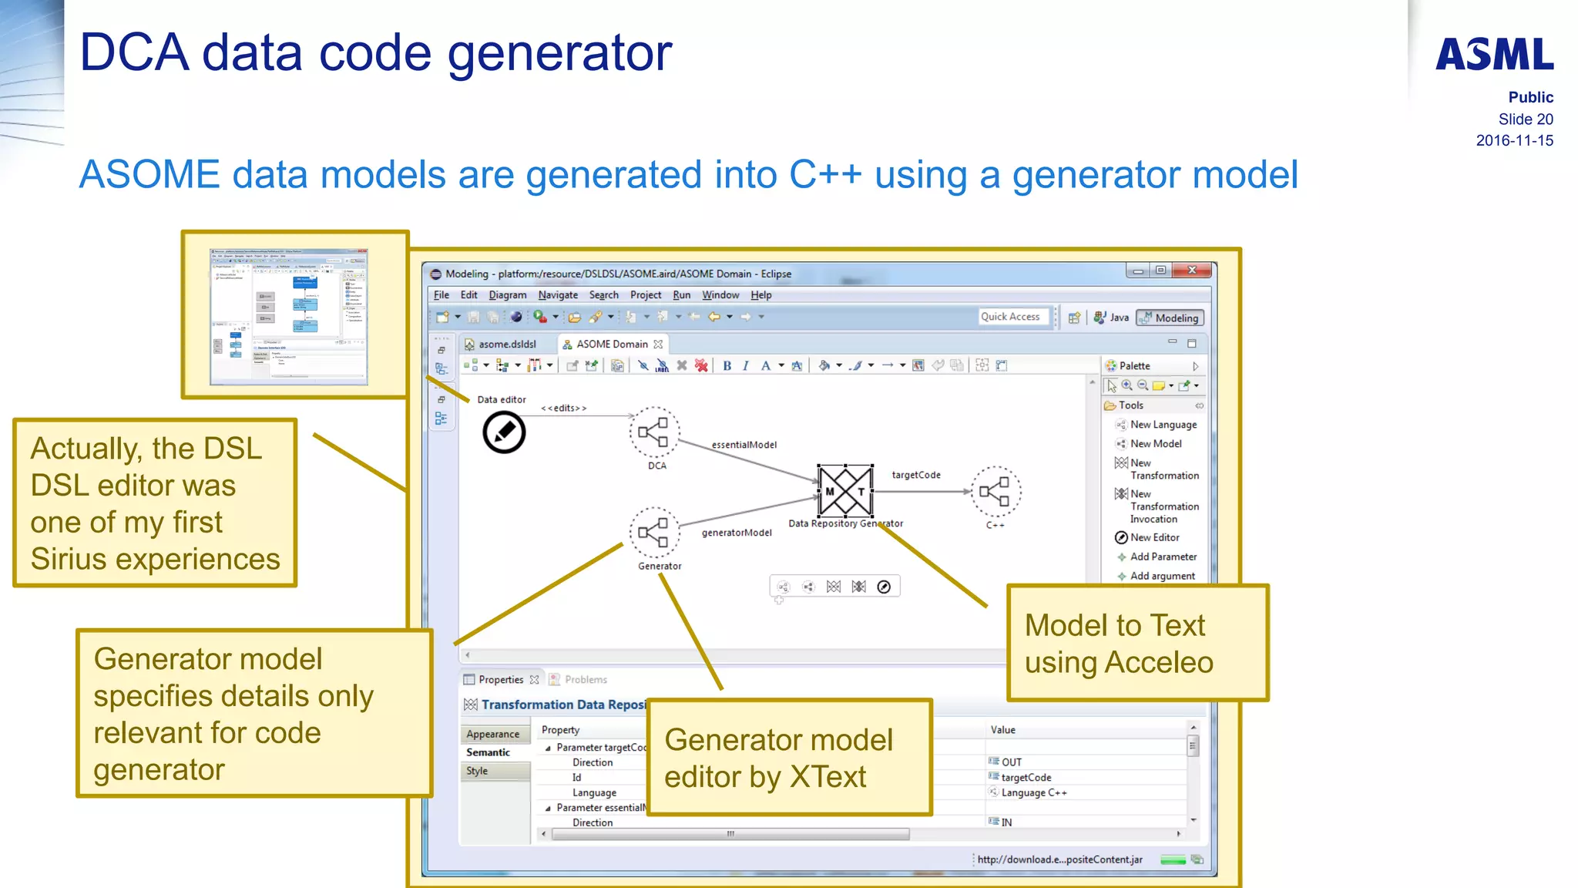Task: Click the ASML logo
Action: coord(1494,55)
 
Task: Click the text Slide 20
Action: coord(1525,119)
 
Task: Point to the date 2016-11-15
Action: coord(1514,140)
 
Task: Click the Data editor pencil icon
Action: coord(504,432)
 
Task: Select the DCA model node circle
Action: coord(654,432)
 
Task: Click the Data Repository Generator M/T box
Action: coord(845,491)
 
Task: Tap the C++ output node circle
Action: coord(995,492)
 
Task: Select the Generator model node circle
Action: coord(654,533)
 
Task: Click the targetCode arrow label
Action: coord(915,475)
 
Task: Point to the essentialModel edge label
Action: coord(744,445)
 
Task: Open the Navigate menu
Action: coord(557,295)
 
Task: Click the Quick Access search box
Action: coord(1011,317)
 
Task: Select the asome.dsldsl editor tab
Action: coord(506,345)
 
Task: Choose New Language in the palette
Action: coord(1163,425)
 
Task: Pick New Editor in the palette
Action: coord(1154,538)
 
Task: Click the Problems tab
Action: coord(585,680)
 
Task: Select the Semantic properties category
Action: coord(488,752)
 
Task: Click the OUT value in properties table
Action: coord(1011,762)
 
